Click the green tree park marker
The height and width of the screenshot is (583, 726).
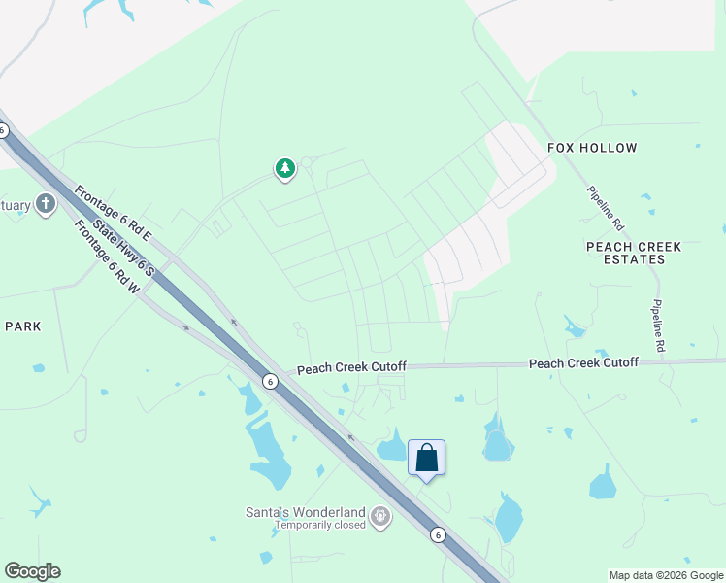pos(284,169)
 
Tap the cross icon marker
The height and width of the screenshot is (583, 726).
pos(45,204)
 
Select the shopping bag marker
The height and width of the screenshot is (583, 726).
pos(427,458)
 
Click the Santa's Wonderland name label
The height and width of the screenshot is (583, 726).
pos(304,512)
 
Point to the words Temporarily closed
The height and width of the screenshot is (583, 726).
pos(319,525)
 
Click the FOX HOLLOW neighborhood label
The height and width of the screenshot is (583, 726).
pos(592,148)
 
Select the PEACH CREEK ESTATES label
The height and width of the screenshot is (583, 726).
pos(634,253)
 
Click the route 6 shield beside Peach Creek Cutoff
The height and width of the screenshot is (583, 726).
pos(269,382)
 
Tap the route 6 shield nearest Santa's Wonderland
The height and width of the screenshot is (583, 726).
pos(438,533)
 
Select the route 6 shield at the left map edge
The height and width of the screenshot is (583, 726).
pos(4,130)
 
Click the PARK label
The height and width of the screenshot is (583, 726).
pos(23,326)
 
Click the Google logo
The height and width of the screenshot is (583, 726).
pos(32,571)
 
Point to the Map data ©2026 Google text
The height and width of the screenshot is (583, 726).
pos(666,575)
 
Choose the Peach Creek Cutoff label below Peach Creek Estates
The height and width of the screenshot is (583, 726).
pos(583,362)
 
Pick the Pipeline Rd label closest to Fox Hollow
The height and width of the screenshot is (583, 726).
pos(606,207)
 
